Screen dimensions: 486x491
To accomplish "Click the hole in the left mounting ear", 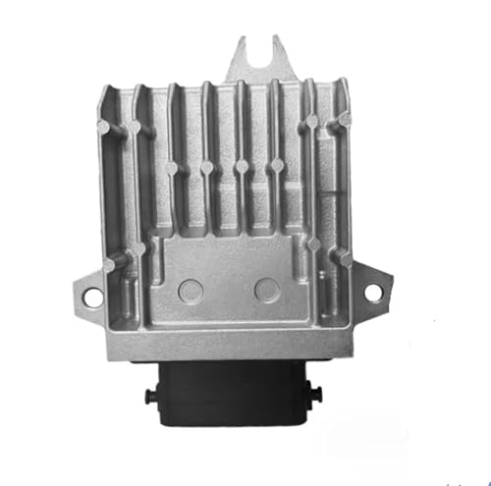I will [90, 294].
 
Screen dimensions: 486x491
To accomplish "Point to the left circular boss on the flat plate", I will [191, 290].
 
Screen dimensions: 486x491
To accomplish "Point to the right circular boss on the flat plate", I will [266, 290].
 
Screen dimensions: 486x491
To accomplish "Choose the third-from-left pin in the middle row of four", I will [243, 166].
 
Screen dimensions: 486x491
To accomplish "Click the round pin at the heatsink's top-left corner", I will [121, 129].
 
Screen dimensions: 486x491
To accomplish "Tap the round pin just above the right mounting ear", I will [344, 257].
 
